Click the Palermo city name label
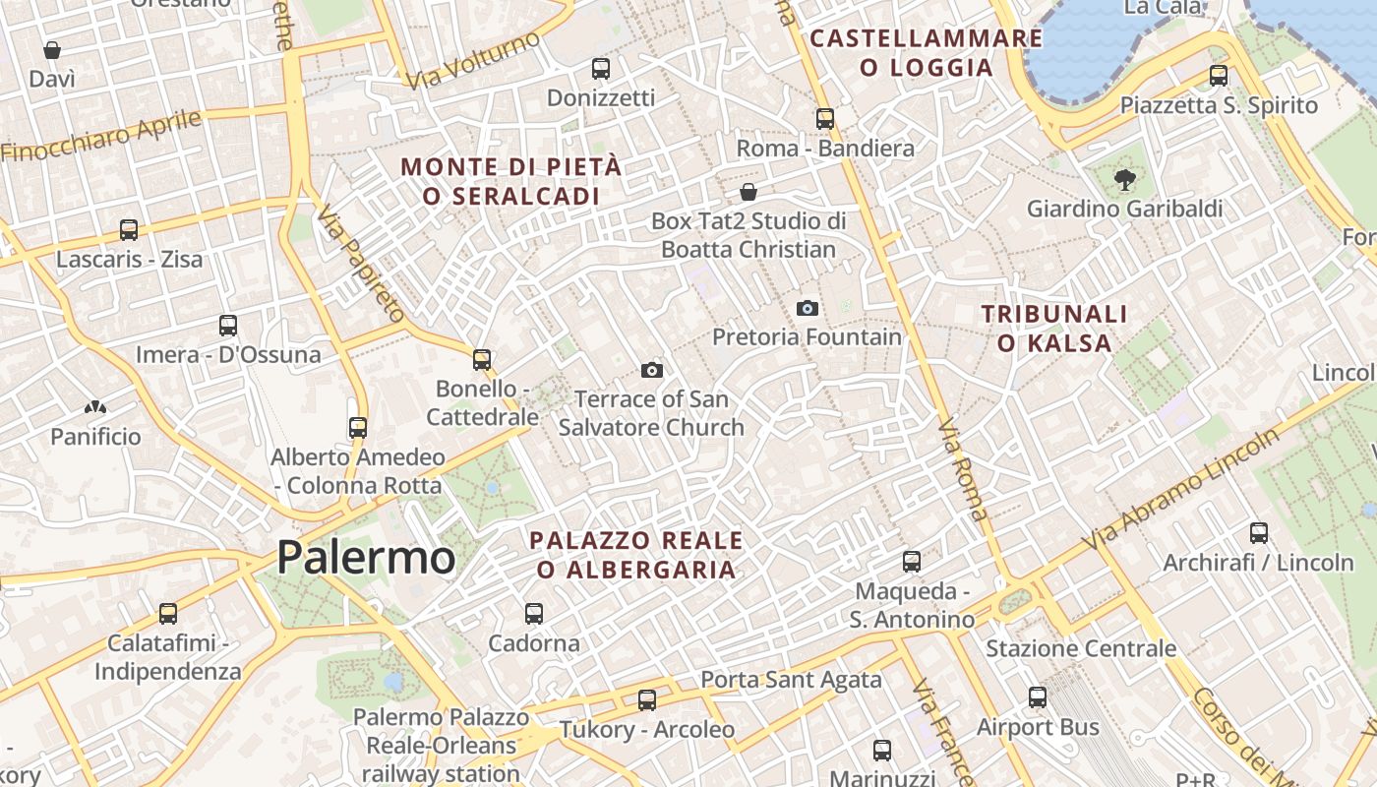pyautogui.click(x=366, y=558)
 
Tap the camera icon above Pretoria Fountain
pyautogui.click(x=808, y=309)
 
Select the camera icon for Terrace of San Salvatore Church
pyautogui.click(x=651, y=371)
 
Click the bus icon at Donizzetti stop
pyautogui.click(x=601, y=69)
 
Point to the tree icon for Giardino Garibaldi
pyautogui.click(x=1124, y=180)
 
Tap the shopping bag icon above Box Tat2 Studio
pyautogui.click(x=748, y=192)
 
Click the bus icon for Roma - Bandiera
pyautogui.click(x=825, y=119)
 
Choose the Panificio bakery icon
pyautogui.click(x=95, y=407)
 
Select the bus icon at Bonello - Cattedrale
pyautogui.click(x=482, y=360)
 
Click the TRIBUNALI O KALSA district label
pyautogui.click(x=1054, y=329)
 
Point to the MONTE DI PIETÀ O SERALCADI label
pyautogui.click(x=511, y=181)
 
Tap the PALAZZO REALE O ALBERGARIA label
pyautogui.click(x=636, y=555)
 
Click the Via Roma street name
pyautogui.click(x=962, y=470)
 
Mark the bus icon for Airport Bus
pyautogui.click(x=1038, y=697)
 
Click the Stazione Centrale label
pyautogui.click(x=1081, y=648)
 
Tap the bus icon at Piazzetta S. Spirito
pyautogui.click(x=1219, y=76)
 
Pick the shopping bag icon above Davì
pyautogui.click(x=52, y=50)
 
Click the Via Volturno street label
pyautogui.click(x=474, y=59)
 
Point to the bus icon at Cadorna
pyautogui.click(x=534, y=614)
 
